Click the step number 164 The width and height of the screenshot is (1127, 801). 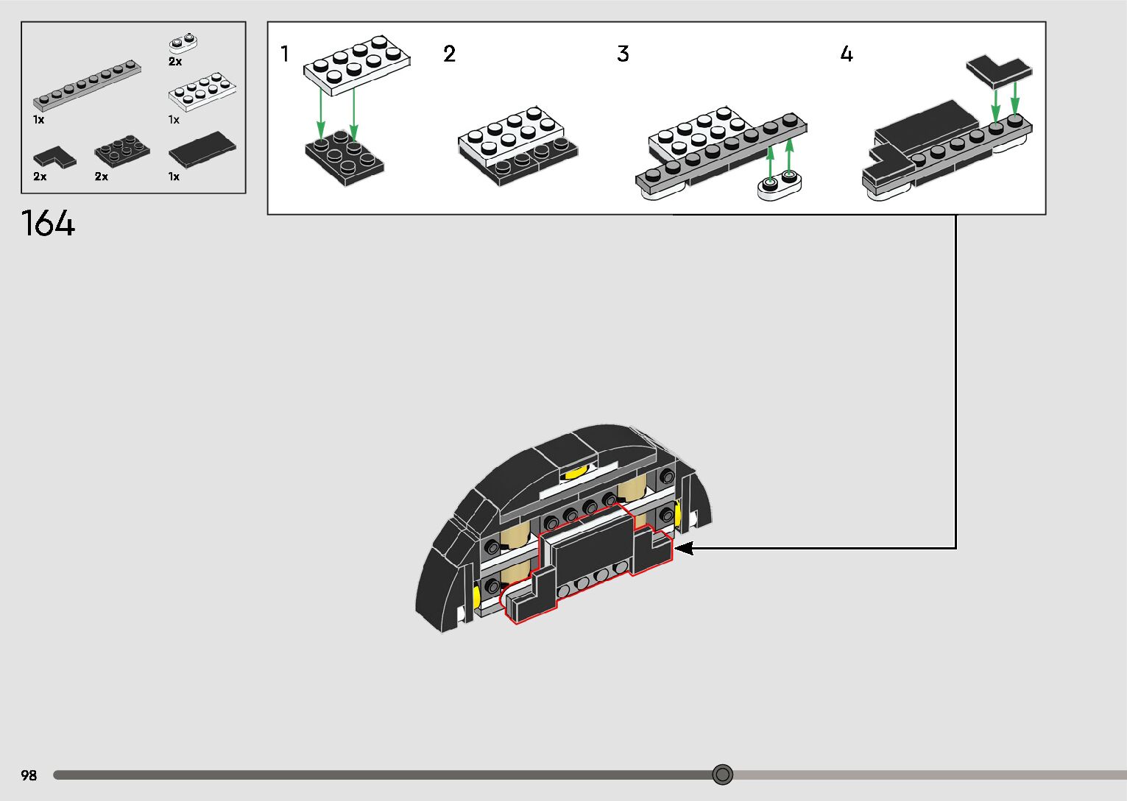(x=48, y=223)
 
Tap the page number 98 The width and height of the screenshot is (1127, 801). (x=29, y=775)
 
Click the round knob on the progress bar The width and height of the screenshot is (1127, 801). (x=723, y=775)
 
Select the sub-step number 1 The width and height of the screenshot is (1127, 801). (x=285, y=54)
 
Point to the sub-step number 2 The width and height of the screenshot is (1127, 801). (x=449, y=54)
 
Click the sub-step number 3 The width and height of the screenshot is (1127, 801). (x=623, y=54)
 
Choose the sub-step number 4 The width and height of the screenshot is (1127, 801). (x=847, y=54)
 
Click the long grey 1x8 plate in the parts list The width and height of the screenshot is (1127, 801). (x=87, y=85)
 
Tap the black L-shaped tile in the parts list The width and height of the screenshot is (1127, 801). (x=54, y=157)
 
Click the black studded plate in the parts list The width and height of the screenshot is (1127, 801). (x=121, y=150)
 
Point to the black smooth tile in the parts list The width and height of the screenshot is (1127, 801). (x=202, y=149)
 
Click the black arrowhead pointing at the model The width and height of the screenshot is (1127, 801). (x=683, y=548)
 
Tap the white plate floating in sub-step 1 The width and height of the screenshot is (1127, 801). (x=357, y=65)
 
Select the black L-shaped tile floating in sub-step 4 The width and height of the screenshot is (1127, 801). (x=999, y=71)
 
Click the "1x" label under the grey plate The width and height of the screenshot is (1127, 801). (x=38, y=119)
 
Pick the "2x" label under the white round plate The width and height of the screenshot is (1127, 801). (x=175, y=62)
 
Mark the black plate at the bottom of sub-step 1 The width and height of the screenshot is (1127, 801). (x=344, y=157)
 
